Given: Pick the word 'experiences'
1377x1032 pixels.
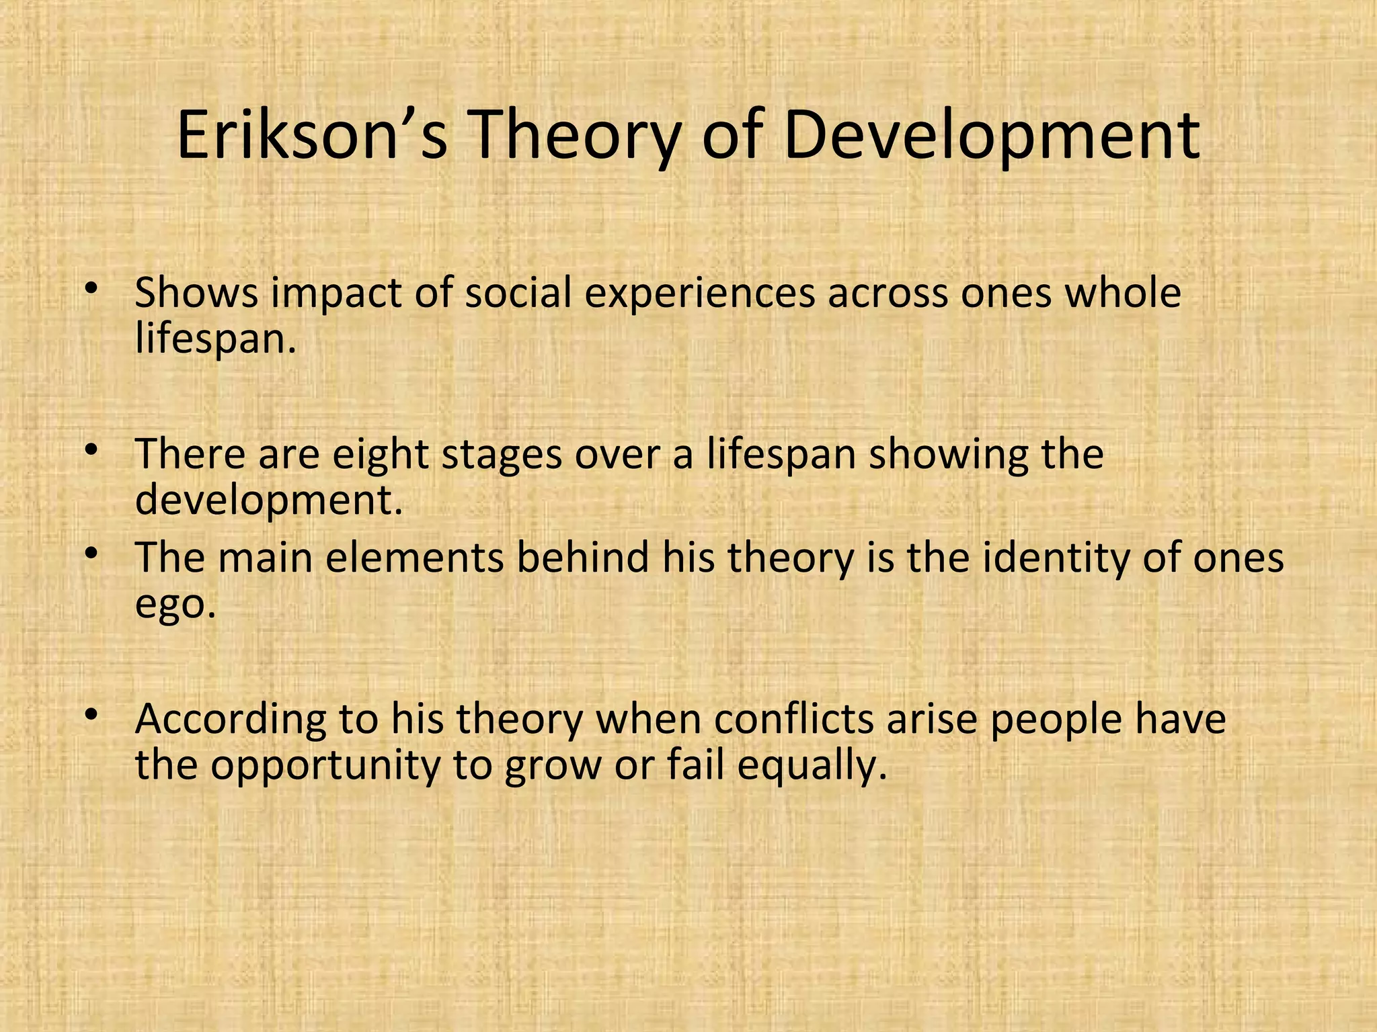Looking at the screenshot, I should (x=699, y=294).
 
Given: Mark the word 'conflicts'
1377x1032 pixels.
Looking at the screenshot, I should (x=793, y=719).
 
